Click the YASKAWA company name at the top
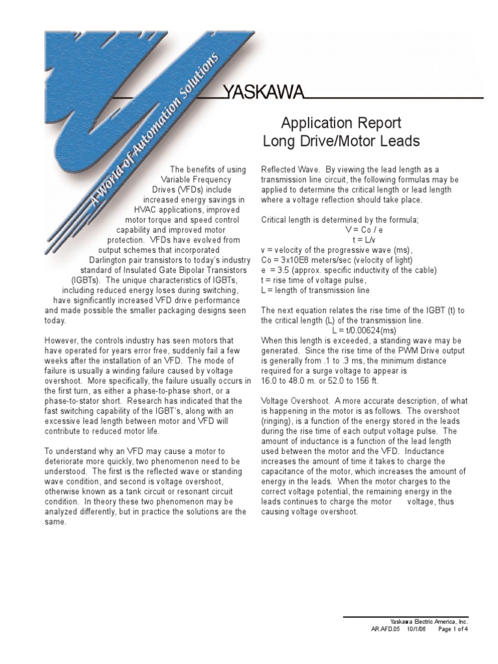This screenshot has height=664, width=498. pyautogui.click(x=263, y=93)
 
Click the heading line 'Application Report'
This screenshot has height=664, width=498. pyautogui.click(x=341, y=123)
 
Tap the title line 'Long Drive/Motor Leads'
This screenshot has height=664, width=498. pyautogui.click(x=341, y=141)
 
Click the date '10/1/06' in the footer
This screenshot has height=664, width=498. pyautogui.click(x=419, y=629)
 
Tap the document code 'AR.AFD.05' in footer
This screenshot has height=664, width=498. pyautogui.click(x=385, y=629)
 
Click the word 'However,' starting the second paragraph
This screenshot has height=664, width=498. pyautogui.click(x=60, y=340)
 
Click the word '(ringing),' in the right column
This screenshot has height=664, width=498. pyautogui.click(x=279, y=421)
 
